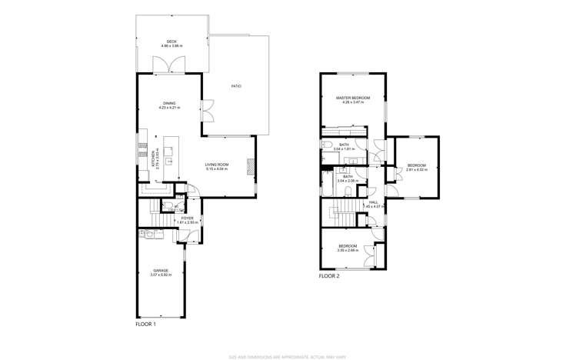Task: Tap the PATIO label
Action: [x=236, y=86]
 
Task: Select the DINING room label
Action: [x=169, y=103]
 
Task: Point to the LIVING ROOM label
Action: [x=217, y=165]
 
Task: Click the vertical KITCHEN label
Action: [x=154, y=158]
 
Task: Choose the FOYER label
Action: [x=188, y=218]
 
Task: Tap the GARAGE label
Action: [x=161, y=270]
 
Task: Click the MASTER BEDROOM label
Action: [x=353, y=98]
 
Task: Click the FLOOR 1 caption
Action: [x=145, y=325]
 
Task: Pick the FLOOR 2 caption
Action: [x=329, y=275]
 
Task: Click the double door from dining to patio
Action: [x=208, y=111]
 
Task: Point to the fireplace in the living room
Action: [x=249, y=166]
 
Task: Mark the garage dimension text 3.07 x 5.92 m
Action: [x=161, y=275]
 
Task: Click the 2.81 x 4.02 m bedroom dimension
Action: [x=416, y=170]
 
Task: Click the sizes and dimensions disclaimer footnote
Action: [x=288, y=356]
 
